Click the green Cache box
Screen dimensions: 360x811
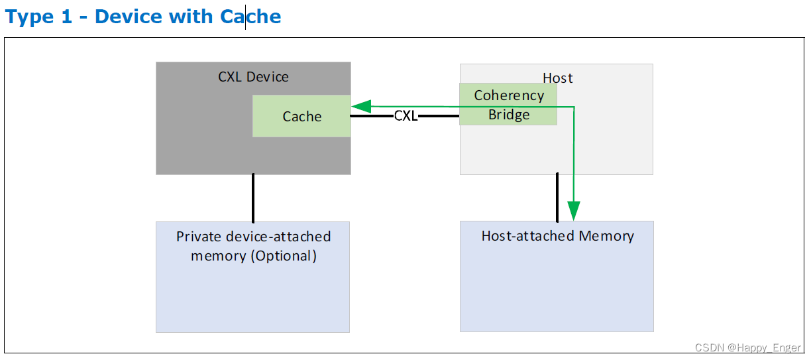click(301, 116)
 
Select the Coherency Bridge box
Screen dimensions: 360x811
click(508, 104)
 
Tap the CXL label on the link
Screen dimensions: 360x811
click(405, 116)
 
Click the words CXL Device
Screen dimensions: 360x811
click(253, 77)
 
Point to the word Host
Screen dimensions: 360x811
click(557, 78)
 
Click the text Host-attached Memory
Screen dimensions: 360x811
click(557, 236)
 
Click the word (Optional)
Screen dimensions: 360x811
click(283, 256)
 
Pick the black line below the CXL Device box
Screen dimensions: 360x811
click(253, 198)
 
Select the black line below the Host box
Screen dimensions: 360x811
click(557, 198)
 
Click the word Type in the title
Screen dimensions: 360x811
click(29, 17)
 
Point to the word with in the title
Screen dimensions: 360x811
click(193, 17)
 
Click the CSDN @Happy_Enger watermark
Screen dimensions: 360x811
click(747, 347)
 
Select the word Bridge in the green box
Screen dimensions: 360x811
click(509, 115)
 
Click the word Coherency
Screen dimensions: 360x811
click(509, 95)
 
